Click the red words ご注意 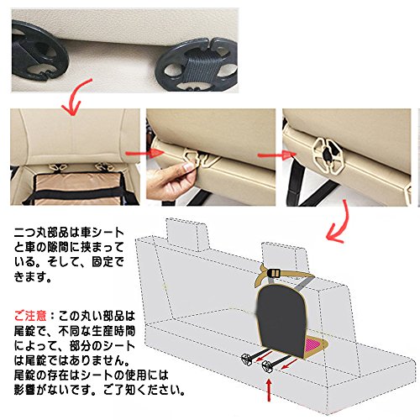pyautogui.click(x=30, y=316)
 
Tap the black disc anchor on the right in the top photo pyautogui.click(x=197, y=65)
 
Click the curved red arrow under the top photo pyautogui.click(x=76, y=98)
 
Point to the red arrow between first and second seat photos pyautogui.click(x=144, y=153)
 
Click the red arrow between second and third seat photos pyautogui.click(x=276, y=155)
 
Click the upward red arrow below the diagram pyautogui.click(x=269, y=390)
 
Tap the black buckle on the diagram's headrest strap pyautogui.click(x=275, y=272)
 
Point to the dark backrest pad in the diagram pyautogui.click(x=281, y=321)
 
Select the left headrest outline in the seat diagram pyautogui.click(x=186, y=234)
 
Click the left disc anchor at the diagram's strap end pyautogui.click(x=246, y=359)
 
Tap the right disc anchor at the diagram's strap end pyautogui.click(x=267, y=366)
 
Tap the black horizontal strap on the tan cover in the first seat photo pyautogui.click(x=76, y=193)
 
